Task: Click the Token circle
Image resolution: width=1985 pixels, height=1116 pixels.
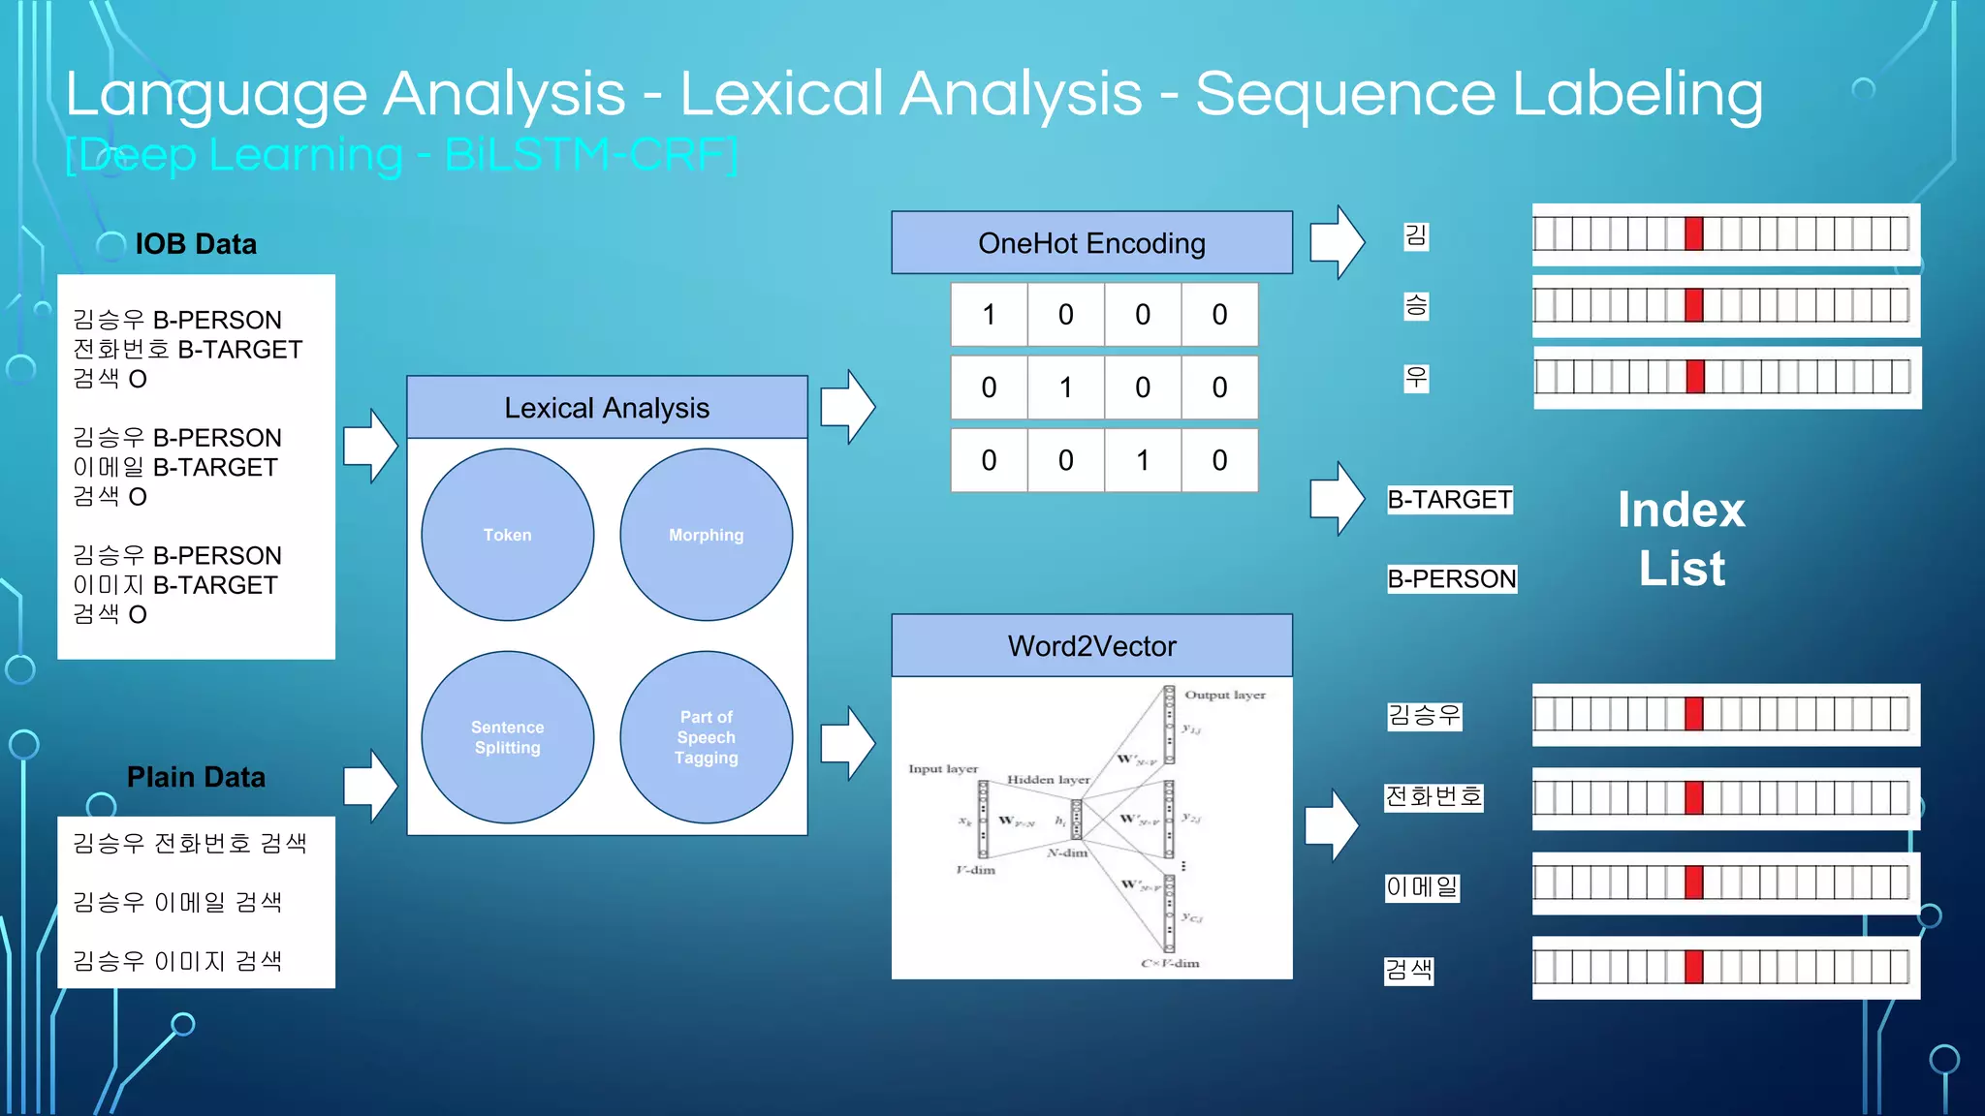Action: (x=507, y=535)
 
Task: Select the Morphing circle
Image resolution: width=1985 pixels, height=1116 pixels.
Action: (x=706, y=535)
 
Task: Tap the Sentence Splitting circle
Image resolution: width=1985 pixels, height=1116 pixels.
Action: (x=507, y=737)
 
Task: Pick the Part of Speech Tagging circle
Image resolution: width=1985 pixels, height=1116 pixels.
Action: (x=706, y=737)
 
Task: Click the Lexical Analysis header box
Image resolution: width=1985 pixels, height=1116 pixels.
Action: (x=607, y=408)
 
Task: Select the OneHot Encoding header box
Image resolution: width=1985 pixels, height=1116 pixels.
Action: (x=1091, y=243)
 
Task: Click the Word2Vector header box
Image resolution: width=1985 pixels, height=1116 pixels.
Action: (x=1091, y=646)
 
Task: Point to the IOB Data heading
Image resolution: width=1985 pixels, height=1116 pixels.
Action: (x=196, y=244)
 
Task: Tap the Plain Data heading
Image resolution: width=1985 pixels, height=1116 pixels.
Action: (x=196, y=777)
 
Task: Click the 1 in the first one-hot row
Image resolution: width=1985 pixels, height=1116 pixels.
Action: (x=989, y=315)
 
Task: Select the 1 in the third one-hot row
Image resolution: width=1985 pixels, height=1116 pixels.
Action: (x=1143, y=460)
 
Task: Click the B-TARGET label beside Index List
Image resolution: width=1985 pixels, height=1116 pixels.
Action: (x=1449, y=500)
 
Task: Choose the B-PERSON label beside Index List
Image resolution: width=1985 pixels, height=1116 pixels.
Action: (x=1451, y=579)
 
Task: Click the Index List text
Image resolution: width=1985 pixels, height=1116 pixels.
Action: (x=1682, y=539)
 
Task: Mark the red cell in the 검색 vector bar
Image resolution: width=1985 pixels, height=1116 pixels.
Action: (x=1693, y=967)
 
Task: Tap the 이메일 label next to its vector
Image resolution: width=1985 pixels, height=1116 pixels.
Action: (x=1421, y=887)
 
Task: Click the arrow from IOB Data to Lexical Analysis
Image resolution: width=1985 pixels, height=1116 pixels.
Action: (x=370, y=446)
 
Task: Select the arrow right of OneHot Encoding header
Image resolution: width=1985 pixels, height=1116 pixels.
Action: (x=1337, y=242)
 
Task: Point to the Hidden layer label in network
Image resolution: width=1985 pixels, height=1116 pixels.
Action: (x=1048, y=780)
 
